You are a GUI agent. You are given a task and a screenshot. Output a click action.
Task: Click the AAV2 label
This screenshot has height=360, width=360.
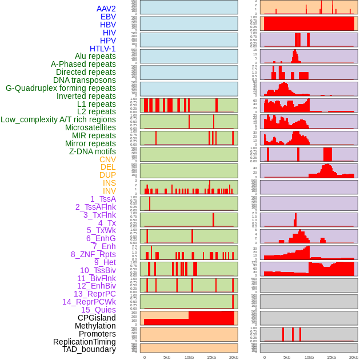(x=106, y=9)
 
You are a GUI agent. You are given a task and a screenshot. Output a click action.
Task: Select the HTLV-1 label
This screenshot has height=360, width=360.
(x=103, y=49)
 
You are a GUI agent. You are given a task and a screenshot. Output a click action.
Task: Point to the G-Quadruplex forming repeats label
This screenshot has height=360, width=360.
(x=61, y=88)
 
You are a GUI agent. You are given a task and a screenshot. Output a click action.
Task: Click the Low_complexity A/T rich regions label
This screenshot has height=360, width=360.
(x=58, y=119)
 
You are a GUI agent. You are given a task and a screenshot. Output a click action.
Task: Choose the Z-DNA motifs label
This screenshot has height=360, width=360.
(x=93, y=151)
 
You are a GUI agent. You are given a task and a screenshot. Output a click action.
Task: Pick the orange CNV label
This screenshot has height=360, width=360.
(x=107, y=159)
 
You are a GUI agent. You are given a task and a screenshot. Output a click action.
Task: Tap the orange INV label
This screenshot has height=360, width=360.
(x=109, y=191)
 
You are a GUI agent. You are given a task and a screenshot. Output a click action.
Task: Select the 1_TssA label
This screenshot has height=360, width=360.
(x=103, y=199)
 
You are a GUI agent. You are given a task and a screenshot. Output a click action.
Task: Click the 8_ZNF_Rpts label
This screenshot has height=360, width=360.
(x=93, y=254)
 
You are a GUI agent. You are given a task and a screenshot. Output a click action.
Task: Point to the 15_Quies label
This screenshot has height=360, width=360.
(x=98, y=310)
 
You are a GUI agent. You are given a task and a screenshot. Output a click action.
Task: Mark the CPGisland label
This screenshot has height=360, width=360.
(x=97, y=318)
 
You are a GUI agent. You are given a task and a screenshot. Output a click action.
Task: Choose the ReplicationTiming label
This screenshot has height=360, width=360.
(x=85, y=342)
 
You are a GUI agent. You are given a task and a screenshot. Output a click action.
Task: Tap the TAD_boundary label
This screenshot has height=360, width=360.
(x=89, y=349)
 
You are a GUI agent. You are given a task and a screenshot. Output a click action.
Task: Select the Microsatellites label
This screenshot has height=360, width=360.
(x=90, y=127)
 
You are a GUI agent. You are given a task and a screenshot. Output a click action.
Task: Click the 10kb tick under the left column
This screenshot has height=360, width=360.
(x=189, y=357)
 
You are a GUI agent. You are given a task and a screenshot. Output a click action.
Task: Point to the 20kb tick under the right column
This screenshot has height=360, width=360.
(x=354, y=357)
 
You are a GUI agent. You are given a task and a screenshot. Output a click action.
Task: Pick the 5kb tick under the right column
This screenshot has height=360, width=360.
(x=287, y=357)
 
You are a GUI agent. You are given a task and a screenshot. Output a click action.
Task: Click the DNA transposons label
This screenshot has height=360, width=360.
(x=85, y=80)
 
